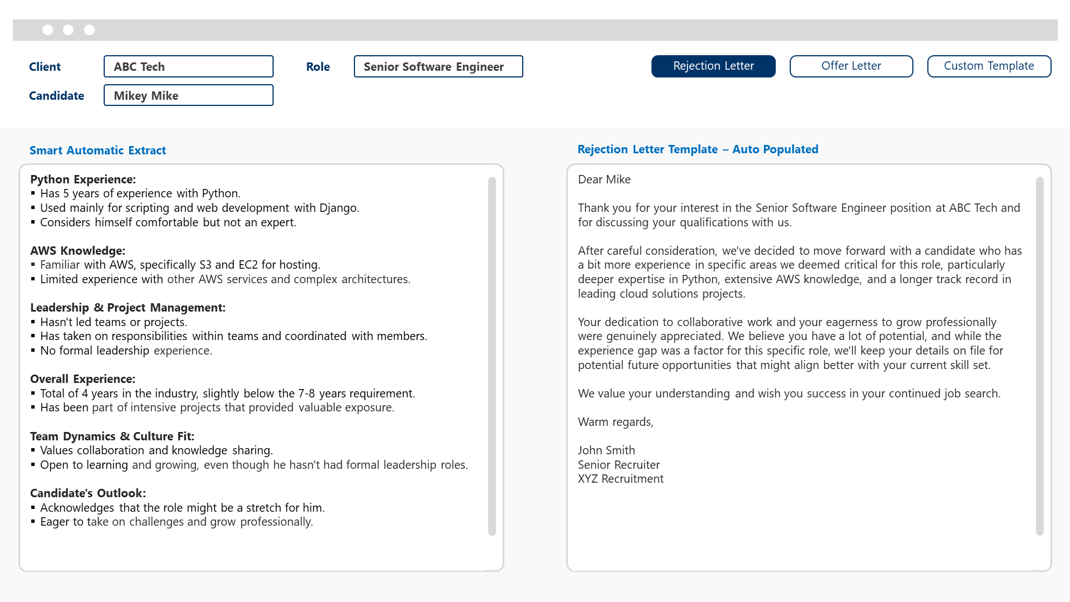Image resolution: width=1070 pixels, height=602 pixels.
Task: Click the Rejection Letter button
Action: click(x=713, y=66)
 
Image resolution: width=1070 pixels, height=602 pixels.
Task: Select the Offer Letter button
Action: click(x=851, y=66)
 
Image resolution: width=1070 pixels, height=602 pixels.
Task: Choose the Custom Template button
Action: click(x=989, y=66)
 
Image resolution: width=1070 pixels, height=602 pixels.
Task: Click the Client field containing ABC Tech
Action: click(x=188, y=67)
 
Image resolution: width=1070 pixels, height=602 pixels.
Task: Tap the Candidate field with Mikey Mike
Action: click(x=188, y=95)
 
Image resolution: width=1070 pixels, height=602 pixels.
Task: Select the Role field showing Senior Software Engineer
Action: click(x=438, y=67)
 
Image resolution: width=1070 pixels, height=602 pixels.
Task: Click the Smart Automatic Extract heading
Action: click(x=98, y=151)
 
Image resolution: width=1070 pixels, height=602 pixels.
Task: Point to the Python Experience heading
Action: click(x=83, y=179)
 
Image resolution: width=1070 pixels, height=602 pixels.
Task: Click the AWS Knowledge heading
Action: click(x=77, y=251)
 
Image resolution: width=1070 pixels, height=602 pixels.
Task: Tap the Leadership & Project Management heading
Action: click(x=128, y=308)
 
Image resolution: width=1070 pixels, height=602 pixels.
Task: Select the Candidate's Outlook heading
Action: click(x=88, y=493)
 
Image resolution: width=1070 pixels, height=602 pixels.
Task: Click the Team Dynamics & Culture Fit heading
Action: click(x=112, y=436)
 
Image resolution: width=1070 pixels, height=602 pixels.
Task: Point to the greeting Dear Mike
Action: click(x=604, y=179)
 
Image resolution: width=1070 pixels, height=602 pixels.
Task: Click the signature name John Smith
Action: click(x=606, y=450)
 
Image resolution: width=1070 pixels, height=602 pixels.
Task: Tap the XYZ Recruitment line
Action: click(x=620, y=479)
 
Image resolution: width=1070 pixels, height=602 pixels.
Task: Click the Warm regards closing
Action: click(x=615, y=422)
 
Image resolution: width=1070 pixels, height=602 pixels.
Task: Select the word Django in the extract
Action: click(x=338, y=208)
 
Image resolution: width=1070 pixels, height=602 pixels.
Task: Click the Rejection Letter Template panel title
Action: click(x=698, y=149)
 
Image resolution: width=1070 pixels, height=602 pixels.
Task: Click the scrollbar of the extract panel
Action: click(x=492, y=357)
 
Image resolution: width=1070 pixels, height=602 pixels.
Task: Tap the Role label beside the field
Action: click(x=318, y=67)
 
